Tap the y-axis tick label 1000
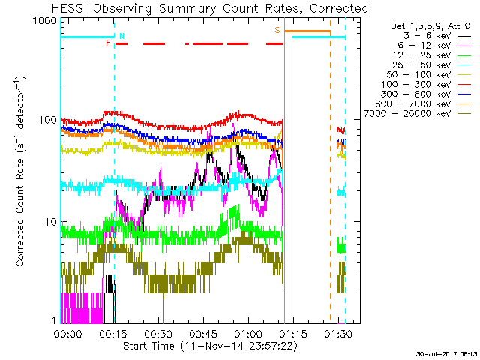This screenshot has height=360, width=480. pos(45,20)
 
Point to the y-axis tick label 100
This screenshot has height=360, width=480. pos(48,120)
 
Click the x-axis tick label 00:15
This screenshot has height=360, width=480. pos(113,333)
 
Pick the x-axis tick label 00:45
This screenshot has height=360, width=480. pos(203,333)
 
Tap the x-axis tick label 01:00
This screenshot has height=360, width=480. pos(248,333)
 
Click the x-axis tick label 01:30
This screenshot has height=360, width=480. pos(338,333)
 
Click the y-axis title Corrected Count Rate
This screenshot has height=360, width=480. pos(20,212)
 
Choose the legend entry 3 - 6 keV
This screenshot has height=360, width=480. pos(427,36)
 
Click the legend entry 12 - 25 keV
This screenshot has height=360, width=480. pos(421,55)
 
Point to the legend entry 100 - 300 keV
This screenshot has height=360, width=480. pos(416,85)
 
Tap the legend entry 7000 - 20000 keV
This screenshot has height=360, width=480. pos(407,114)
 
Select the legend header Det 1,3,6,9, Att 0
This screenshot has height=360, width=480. pos(430,26)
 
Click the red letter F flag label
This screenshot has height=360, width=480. pos(108,43)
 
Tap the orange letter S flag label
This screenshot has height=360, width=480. pos(277,30)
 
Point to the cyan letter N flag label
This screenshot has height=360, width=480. pos(121,36)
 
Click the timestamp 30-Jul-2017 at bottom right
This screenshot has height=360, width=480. pos(447,354)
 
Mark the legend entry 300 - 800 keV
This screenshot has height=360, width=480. pos(416,94)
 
